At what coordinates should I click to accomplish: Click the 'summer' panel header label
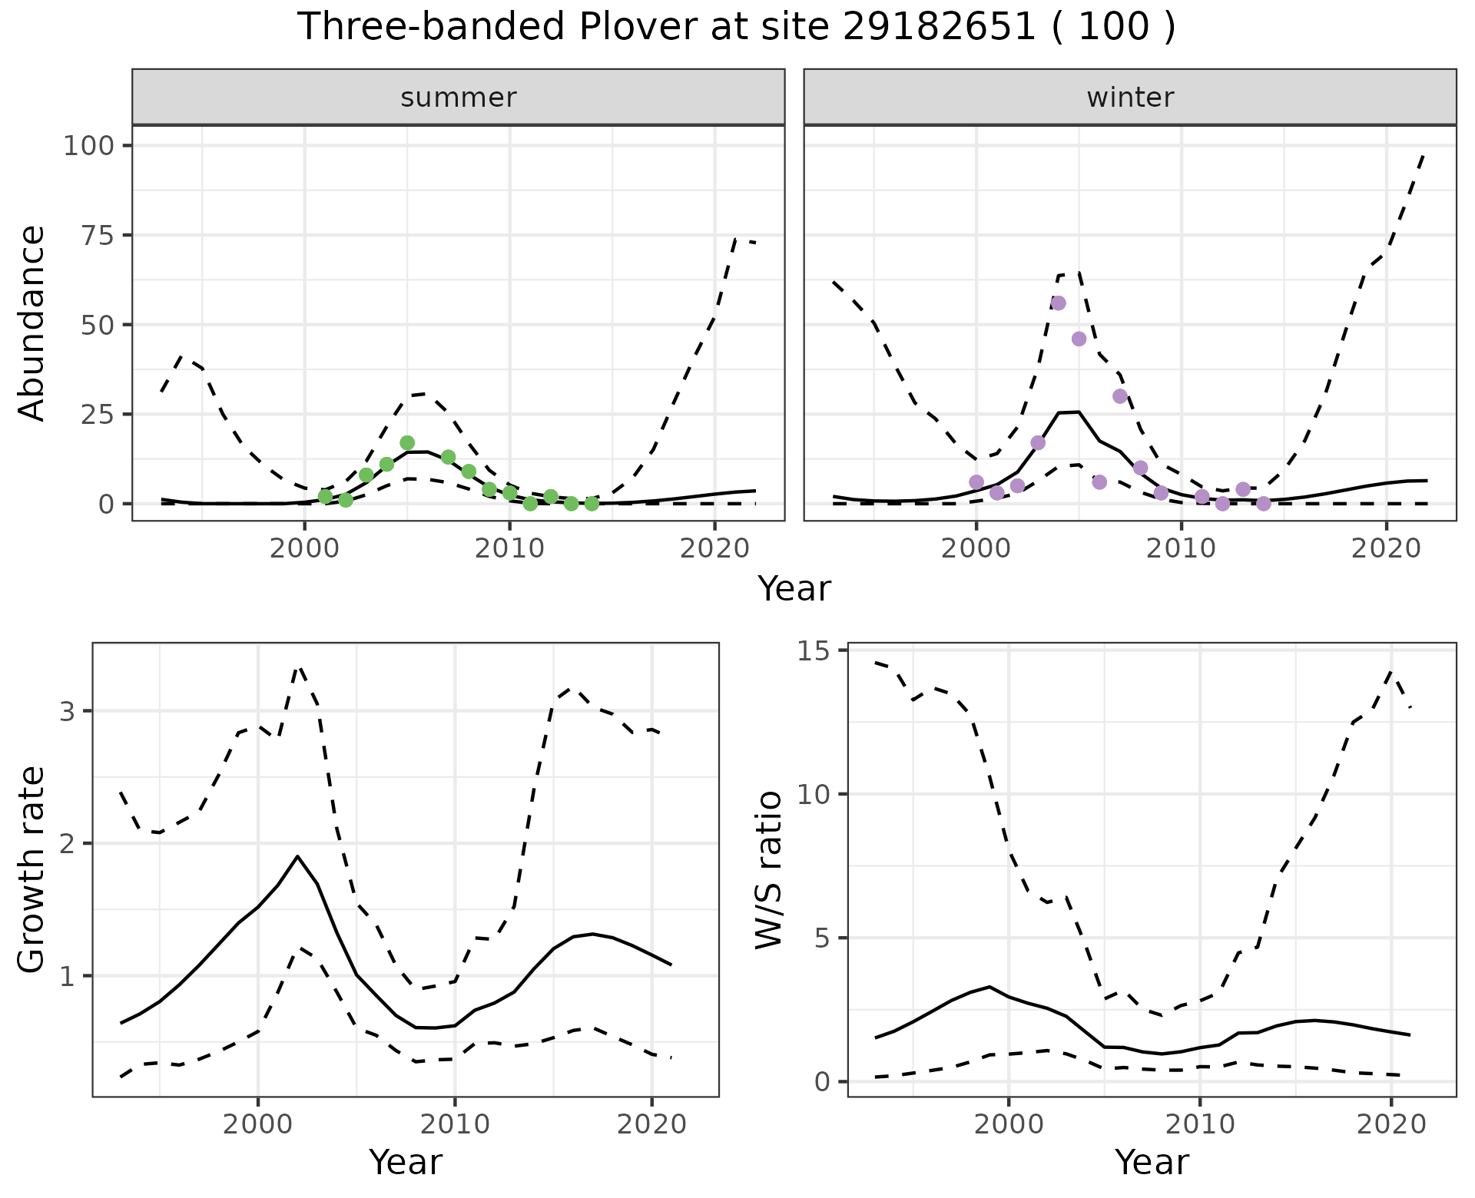coord(458,98)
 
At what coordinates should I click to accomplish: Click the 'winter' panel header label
coord(1129,98)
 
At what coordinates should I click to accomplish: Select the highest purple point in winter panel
coord(1058,303)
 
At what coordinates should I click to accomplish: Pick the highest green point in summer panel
coord(407,443)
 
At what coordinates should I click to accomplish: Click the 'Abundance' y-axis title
coord(32,323)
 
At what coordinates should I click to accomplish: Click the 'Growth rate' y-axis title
coord(32,869)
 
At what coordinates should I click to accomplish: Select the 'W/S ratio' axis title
coord(768,869)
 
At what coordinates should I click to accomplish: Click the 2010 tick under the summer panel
coord(509,550)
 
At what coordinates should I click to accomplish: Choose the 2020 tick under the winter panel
coord(1387,550)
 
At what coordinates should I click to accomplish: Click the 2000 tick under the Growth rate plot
coord(258,1125)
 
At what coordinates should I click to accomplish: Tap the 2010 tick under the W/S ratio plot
coord(1199,1125)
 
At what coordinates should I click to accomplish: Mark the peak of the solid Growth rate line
coord(297,856)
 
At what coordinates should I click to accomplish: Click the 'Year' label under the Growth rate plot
coord(406,1162)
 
